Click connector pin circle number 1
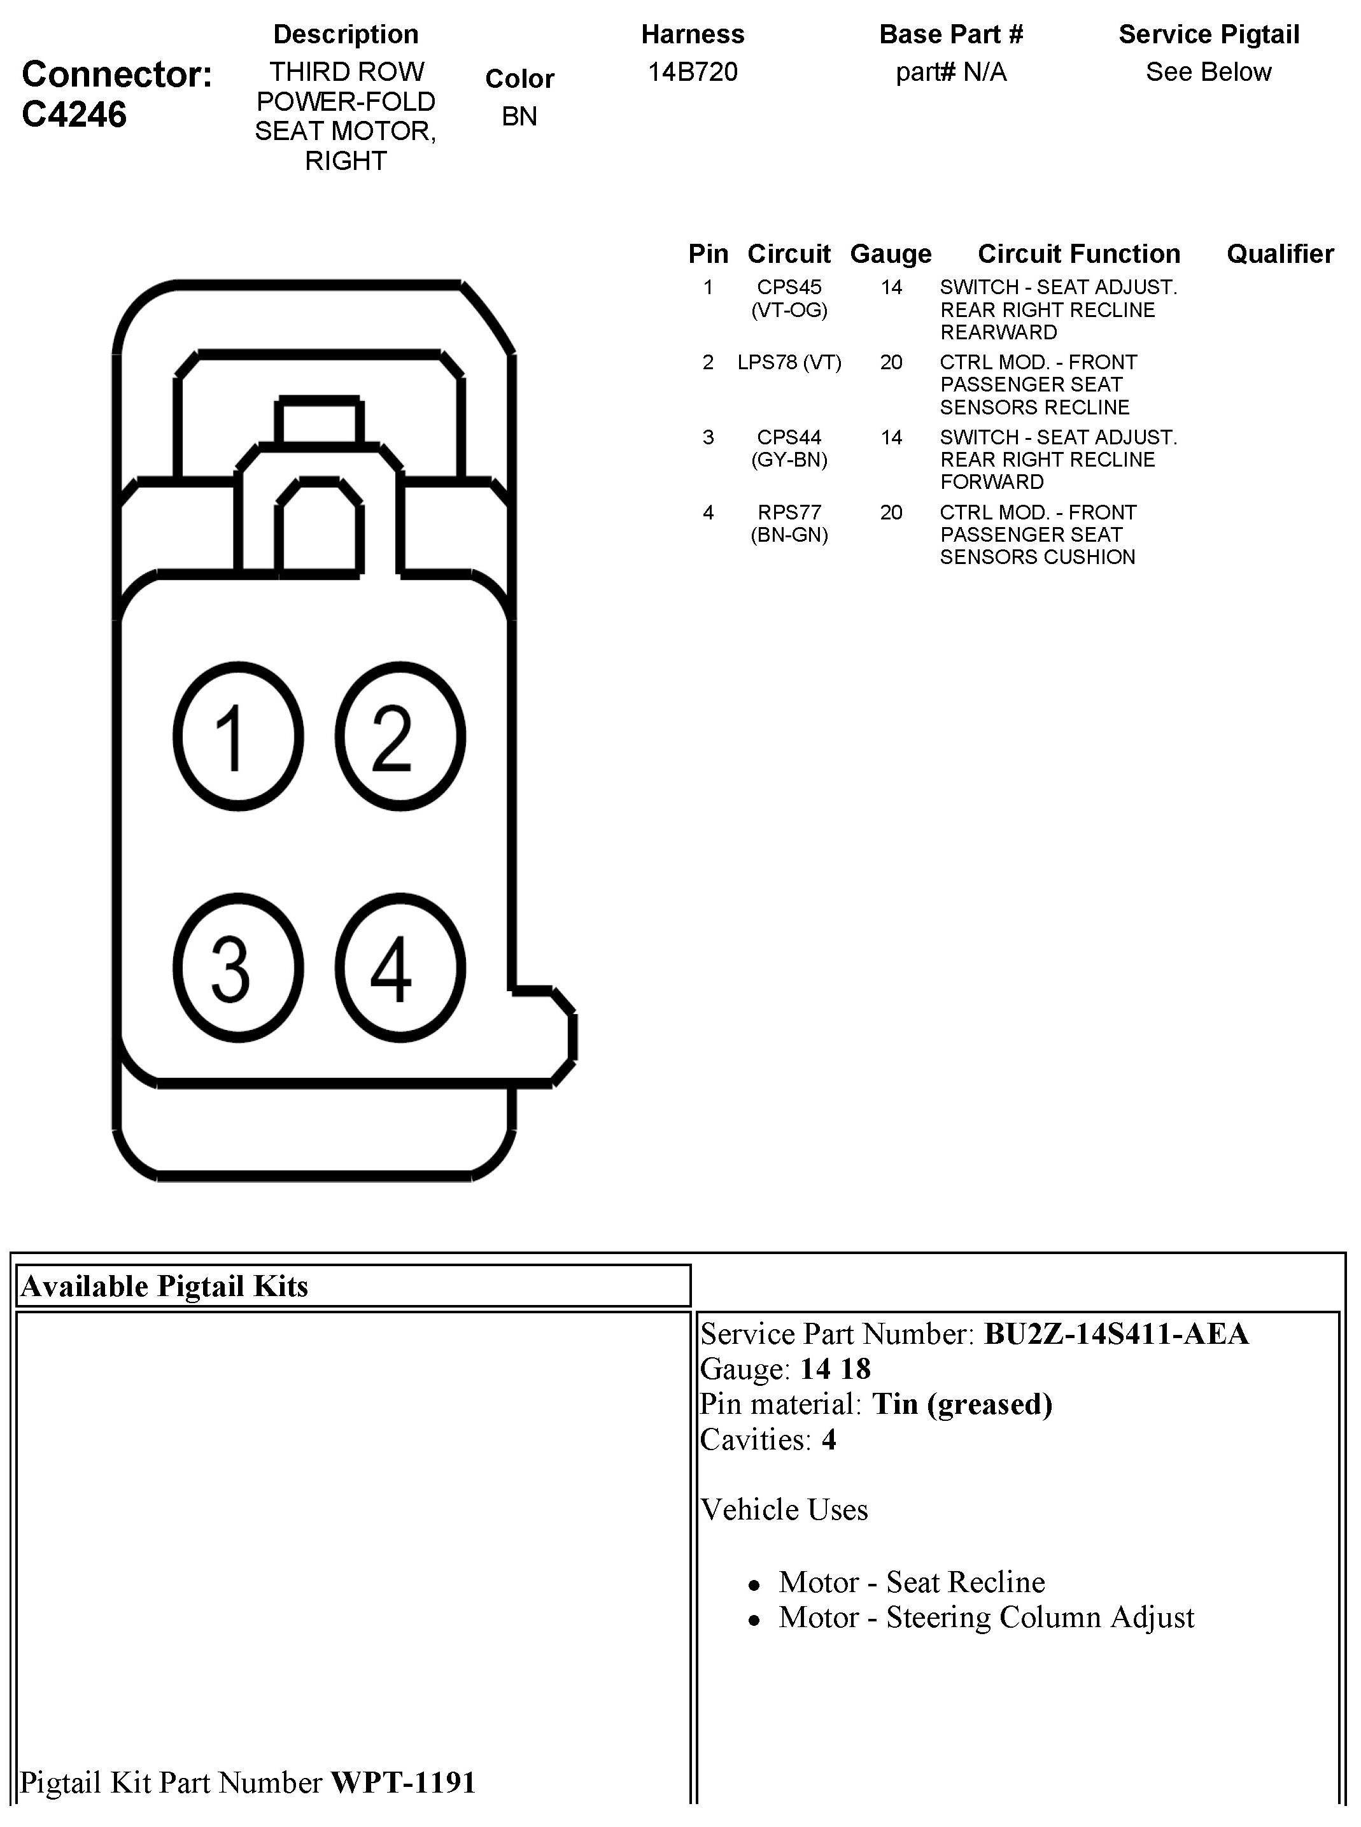[238, 737]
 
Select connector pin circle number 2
[400, 737]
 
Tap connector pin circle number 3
[238, 967]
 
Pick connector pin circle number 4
[400, 967]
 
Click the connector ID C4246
[74, 115]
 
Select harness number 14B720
[693, 73]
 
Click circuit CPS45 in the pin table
[789, 288]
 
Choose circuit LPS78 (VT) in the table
[789, 362]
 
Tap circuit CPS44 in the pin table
[789, 437]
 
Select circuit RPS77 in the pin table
[789, 512]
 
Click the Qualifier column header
[1280, 254]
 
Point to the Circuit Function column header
[1078, 254]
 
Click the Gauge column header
[891, 254]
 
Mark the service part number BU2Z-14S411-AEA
[1117, 1334]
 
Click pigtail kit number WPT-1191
[404, 1782]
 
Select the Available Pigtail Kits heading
[165, 1287]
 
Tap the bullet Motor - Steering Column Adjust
[986, 1618]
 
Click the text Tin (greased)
[963, 1404]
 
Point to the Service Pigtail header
[1209, 34]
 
